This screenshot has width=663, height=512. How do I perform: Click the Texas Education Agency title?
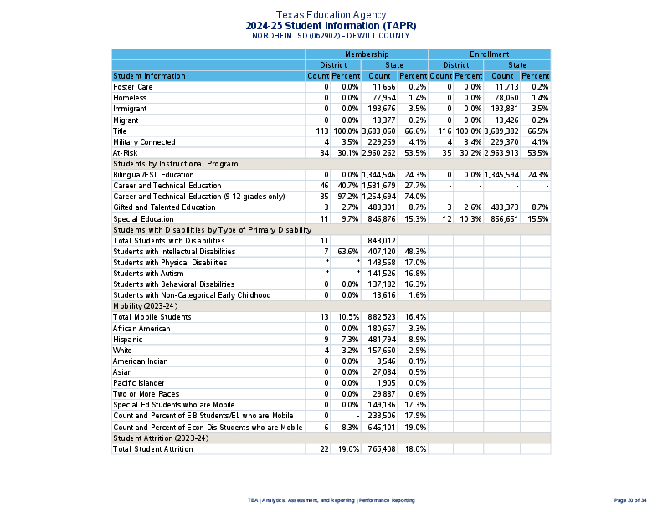[331, 15]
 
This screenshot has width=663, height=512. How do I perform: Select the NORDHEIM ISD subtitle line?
[331, 36]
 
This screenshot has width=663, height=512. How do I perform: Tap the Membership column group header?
[366, 54]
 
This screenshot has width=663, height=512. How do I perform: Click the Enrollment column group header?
[489, 54]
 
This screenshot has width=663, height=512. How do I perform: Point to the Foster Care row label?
[133, 87]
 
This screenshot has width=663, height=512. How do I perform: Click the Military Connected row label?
[144, 142]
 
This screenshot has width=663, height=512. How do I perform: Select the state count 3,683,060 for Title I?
[378, 131]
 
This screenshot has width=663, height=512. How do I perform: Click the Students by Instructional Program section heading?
[175, 164]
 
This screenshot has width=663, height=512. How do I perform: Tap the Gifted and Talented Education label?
[164, 207]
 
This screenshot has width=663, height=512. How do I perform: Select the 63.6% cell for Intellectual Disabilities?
[346, 252]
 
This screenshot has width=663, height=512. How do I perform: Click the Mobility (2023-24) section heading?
[145, 306]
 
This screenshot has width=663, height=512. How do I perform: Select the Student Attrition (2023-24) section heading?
[161, 438]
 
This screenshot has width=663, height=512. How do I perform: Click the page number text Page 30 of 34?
[630, 499]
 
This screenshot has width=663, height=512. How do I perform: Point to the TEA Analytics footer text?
[331, 499]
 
